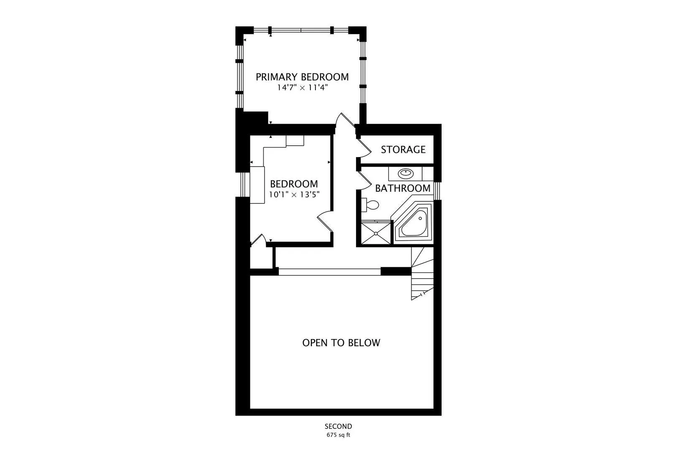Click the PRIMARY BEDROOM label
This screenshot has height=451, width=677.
coord(302,77)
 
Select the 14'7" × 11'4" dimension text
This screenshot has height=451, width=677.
coord(303,88)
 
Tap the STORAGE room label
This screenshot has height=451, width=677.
coord(403,149)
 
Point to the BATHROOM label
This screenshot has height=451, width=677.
coord(403,188)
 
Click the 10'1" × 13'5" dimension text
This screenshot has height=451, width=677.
coord(294,195)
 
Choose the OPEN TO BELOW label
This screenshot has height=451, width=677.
coord(341,342)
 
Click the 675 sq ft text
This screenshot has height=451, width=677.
coord(338,435)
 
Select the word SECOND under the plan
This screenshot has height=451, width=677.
coord(338,426)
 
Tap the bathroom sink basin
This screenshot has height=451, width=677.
coord(406,173)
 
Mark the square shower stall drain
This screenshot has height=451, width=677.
coord(376,233)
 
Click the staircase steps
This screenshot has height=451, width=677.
coord(422,274)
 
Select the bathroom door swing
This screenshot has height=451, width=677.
coord(364,181)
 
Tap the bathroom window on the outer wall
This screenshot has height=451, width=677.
coord(437,191)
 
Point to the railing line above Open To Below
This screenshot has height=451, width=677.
coord(329,271)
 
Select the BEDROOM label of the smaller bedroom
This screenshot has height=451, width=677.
coord(294,184)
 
